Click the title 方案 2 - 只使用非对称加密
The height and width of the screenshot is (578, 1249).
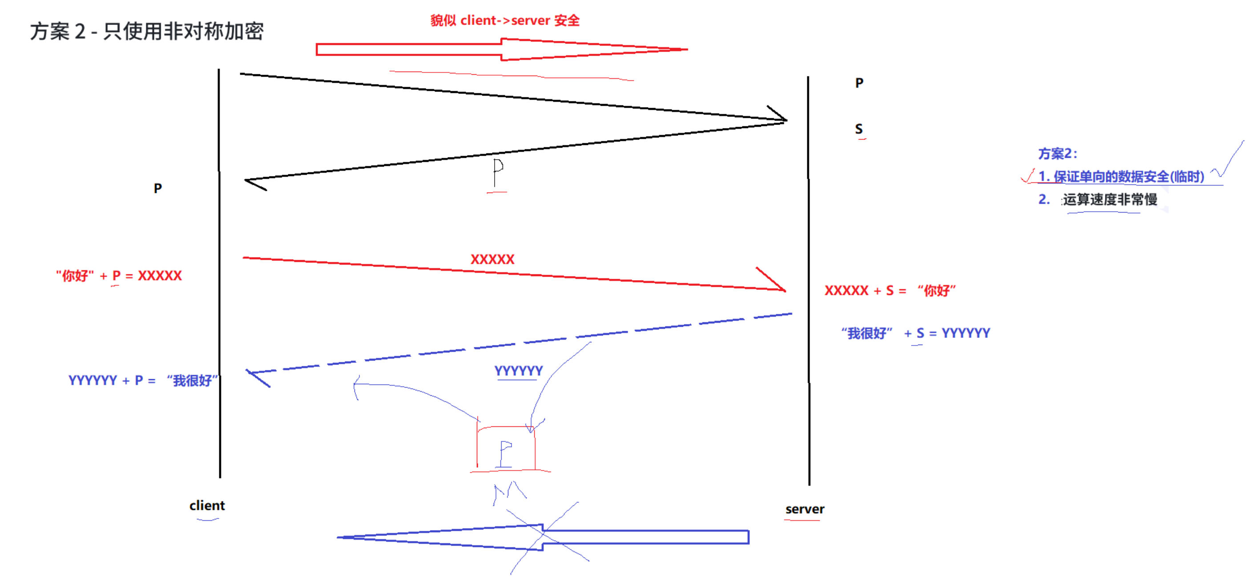tap(146, 32)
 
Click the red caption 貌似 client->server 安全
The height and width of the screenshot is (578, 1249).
tap(505, 20)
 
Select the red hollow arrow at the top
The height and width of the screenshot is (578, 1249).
tap(501, 49)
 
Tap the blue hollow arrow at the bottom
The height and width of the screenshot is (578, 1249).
tap(543, 537)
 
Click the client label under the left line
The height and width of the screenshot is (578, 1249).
tap(207, 506)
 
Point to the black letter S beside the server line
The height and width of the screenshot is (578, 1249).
tap(858, 129)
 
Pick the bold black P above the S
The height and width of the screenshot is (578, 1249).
tap(859, 83)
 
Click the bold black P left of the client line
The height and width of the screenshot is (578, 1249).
tap(157, 189)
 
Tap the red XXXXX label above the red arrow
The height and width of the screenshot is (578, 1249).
tap(492, 259)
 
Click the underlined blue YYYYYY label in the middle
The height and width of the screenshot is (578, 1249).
tap(518, 371)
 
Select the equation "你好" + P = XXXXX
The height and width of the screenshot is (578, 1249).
tap(119, 276)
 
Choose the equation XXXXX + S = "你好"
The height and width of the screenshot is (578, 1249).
tap(890, 291)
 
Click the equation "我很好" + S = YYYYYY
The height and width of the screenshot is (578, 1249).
tap(915, 333)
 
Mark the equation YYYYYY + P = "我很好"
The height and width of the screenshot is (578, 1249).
tap(143, 380)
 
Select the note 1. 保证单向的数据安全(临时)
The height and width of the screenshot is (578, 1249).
tap(1121, 177)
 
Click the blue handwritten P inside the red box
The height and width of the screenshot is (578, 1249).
tap(505, 454)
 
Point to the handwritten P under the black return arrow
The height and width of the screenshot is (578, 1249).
tap(497, 172)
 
